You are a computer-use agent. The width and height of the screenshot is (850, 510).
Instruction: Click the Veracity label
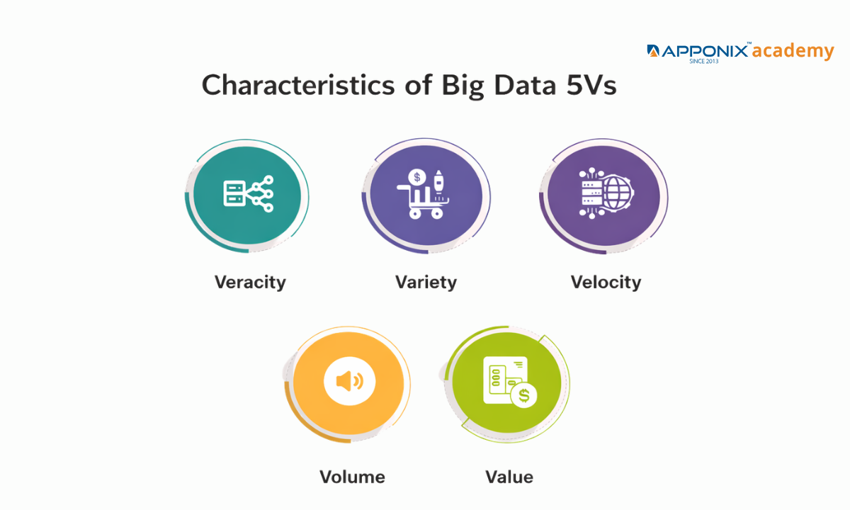pos(250,282)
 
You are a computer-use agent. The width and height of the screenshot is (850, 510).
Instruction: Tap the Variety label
pos(426,282)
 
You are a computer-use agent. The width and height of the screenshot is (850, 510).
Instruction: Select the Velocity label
pos(606,282)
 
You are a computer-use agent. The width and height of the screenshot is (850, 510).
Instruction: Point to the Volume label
pos(352,477)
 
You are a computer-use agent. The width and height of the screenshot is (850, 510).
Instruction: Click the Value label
pos(509,477)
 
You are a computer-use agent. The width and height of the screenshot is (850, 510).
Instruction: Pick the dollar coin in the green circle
pos(524,395)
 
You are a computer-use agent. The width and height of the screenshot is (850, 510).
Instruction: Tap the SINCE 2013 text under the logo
pos(703,62)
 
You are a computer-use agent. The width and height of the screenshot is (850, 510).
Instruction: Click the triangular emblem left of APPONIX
pos(653,51)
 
